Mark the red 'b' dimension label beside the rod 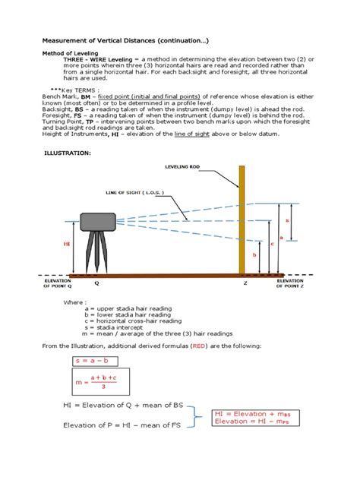point(254,256)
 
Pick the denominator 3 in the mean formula point(99,387)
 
